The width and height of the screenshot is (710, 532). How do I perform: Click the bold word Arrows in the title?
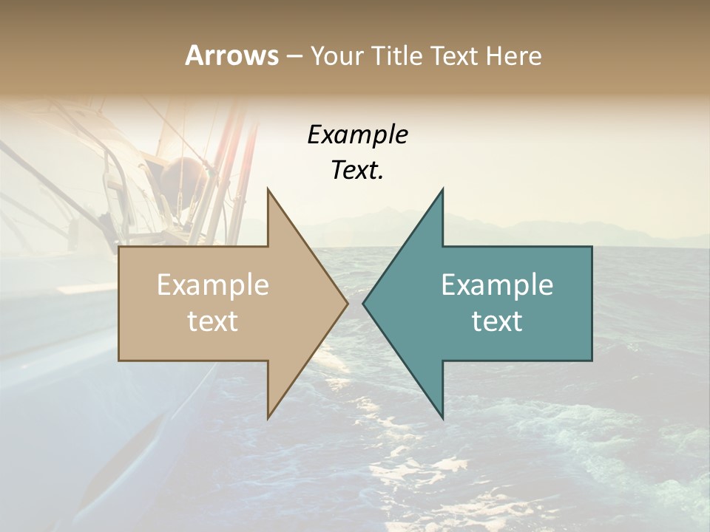click(231, 55)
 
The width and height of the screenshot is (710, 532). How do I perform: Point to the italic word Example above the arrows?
click(358, 135)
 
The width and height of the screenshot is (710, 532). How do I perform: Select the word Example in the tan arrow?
click(213, 285)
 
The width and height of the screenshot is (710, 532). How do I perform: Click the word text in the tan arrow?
click(213, 321)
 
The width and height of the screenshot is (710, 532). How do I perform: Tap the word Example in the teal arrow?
click(497, 285)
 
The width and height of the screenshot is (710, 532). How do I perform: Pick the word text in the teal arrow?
click(497, 321)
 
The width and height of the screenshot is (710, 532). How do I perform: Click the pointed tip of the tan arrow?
click(347, 303)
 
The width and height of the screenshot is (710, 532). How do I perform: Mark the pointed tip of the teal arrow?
click(364, 303)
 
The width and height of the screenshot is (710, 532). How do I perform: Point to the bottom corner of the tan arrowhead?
click(268, 417)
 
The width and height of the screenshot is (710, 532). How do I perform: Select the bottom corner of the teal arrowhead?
click(442, 417)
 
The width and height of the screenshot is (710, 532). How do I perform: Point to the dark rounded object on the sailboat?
click(179, 177)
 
